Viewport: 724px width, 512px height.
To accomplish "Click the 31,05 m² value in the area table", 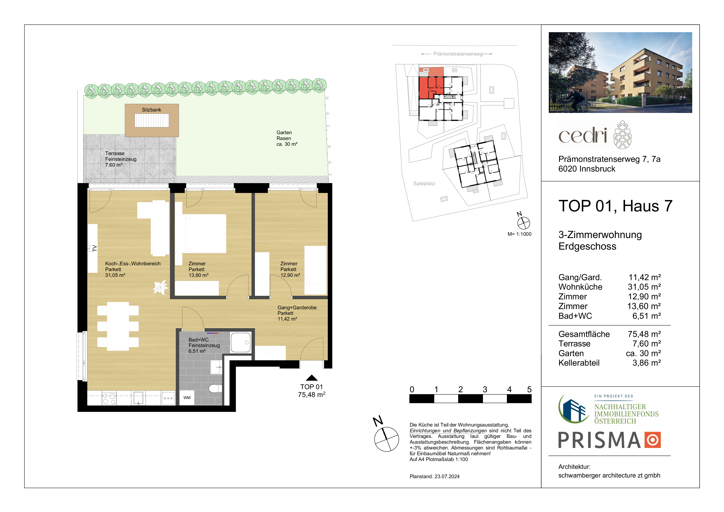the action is click(644, 287).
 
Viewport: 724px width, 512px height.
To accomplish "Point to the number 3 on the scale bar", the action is click(485, 390).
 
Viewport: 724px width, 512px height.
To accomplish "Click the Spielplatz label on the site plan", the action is click(424, 184).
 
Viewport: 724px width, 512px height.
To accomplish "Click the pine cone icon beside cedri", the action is click(622, 135).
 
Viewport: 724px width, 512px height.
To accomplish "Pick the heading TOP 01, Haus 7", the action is click(615, 206).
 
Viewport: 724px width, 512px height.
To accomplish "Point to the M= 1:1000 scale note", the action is click(519, 234).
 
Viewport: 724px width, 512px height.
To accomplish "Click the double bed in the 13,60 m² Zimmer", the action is click(201, 233).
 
